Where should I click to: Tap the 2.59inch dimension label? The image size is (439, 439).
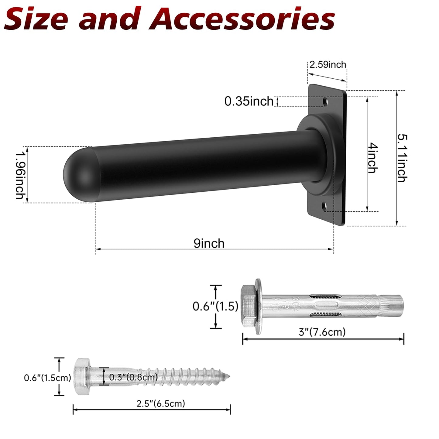coord(328,65)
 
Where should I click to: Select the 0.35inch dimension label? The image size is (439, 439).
coord(249,101)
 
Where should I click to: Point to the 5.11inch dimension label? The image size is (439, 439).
coord(402,158)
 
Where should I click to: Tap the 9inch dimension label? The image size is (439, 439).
coord(209,244)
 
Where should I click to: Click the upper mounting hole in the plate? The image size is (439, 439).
coord(326,101)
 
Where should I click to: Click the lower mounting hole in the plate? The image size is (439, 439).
coord(324,206)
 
